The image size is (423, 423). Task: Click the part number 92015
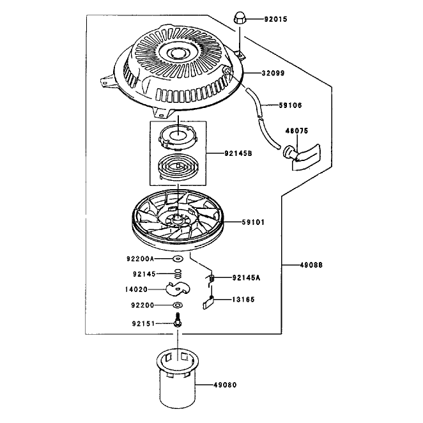coord(275,19)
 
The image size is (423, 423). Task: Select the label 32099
coord(273,73)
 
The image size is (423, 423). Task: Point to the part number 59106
coord(290,105)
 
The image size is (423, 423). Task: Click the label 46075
coord(296,131)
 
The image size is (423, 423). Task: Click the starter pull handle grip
coord(302,157)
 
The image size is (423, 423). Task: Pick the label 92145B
coord(238,153)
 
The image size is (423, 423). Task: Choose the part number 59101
coord(253,222)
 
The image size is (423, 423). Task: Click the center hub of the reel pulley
coord(177,218)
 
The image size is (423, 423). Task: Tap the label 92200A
coord(140,259)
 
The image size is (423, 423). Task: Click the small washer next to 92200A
coord(178,259)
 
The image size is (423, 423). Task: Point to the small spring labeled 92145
coord(178,274)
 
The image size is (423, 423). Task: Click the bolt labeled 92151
coord(178,321)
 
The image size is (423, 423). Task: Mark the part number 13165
coord(243,300)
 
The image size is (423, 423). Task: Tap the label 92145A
coord(246,277)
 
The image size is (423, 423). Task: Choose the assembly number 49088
coord(311,265)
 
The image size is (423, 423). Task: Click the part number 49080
coord(225,385)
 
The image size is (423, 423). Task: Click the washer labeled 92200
coord(178,305)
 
